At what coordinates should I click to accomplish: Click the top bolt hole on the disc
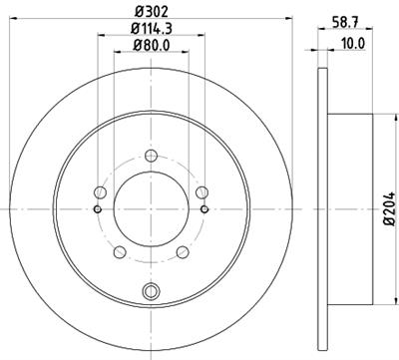click(151, 156)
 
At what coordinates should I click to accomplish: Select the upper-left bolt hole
click(100, 192)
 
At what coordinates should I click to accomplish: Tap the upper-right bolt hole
click(201, 192)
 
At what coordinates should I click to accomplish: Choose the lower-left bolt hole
click(120, 252)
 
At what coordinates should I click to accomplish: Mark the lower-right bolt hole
click(183, 252)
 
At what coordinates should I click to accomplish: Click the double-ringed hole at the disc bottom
click(151, 290)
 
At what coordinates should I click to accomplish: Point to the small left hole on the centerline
click(97, 209)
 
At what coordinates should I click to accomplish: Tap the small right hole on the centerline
click(204, 209)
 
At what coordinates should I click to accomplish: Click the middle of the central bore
click(151, 209)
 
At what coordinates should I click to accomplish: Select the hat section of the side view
click(351, 209)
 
